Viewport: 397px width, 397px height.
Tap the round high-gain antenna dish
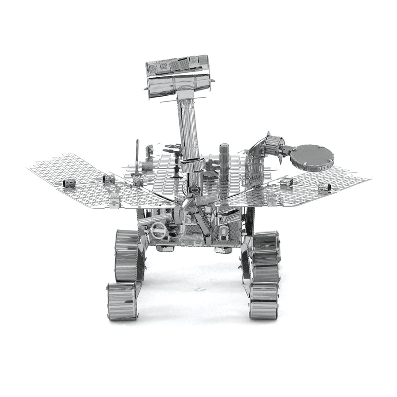pyautogui.click(x=312, y=157)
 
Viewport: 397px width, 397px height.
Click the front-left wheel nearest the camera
pyautogui.click(x=122, y=301)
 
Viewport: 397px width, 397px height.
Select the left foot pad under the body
pyautogui.click(x=165, y=249)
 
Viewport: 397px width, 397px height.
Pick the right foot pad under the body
pyautogui.click(x=223, y=250)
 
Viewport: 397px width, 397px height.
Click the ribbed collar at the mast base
pyautogui.click(x=193, y=166)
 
